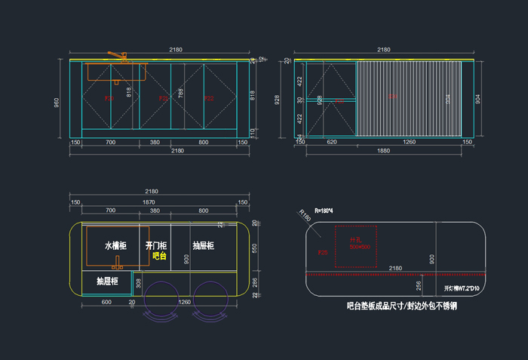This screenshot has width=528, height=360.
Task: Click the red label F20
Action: pos(110,98)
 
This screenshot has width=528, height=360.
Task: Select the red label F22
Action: pos(209,98)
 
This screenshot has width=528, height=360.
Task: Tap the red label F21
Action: pos(163,98)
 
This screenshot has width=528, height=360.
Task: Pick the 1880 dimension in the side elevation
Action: pos(383,150)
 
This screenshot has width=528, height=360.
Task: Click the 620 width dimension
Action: pos(331,142)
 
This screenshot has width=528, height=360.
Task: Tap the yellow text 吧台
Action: pos(158,256)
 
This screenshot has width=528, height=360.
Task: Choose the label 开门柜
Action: pos(155,246)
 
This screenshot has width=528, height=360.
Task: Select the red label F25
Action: pos(323,251)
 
